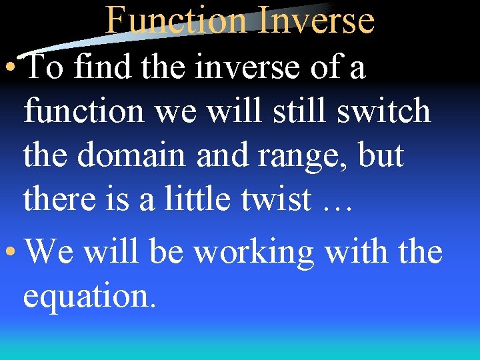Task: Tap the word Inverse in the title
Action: coord(315,20)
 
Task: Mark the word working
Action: coord(253,253)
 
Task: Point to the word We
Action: coord(50,252)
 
